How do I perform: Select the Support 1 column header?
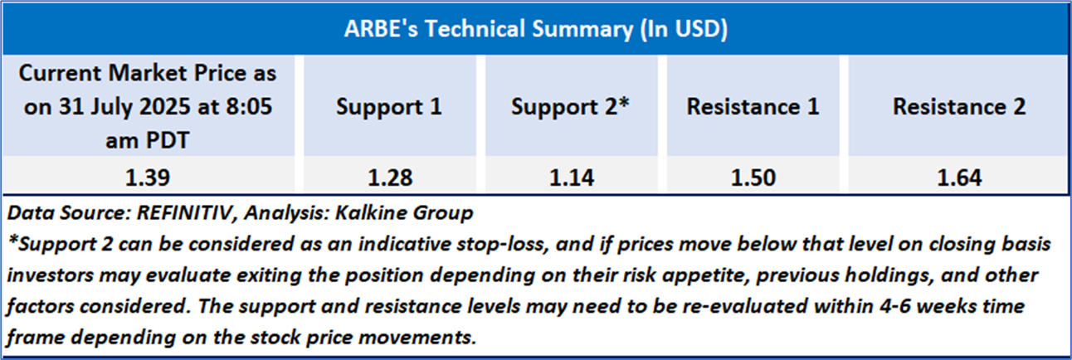389,106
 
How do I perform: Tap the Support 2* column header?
571,106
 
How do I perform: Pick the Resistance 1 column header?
753,106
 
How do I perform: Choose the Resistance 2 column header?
959,106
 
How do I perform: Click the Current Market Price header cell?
148,106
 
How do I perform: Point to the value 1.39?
148,178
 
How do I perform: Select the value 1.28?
390,178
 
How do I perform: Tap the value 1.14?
572,178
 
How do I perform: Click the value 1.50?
753,178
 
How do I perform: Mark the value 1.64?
959,178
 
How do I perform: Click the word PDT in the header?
168,141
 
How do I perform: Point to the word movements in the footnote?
418,338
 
